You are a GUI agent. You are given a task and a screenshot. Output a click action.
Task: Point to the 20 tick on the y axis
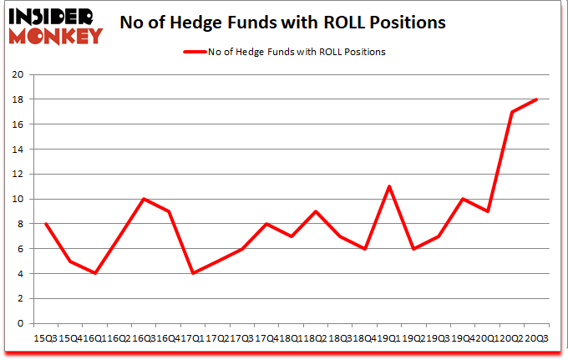click(x=17, y=74)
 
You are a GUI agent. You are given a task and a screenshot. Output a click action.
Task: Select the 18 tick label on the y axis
click(x=17, y=99)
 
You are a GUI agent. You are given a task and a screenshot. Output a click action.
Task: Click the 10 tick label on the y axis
click(x=17, y=199)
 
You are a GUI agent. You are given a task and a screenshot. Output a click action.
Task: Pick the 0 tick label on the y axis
click(x=19, y=323)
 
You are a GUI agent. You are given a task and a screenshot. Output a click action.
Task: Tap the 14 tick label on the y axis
click(x=17, y=150)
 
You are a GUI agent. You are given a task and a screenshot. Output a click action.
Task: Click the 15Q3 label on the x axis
click(x=45, y=337)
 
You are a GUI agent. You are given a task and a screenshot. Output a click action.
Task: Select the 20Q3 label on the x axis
click(x=535, y=337)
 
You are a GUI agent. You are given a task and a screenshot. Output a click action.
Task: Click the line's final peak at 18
click(x=535, y=99)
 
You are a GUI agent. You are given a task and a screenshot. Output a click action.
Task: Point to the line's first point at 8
click(x=45, y=224)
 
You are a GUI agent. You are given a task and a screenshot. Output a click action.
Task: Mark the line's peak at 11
click(x=389, y=186)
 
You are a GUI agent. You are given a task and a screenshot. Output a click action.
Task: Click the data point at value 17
click(x=511, y=112)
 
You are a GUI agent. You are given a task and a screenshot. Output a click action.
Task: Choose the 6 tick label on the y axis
click(x=19, y=249)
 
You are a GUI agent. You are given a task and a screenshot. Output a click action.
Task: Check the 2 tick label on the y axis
click(x=19, y=298)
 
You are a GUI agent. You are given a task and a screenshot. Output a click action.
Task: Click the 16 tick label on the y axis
click(x=17, y=124)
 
